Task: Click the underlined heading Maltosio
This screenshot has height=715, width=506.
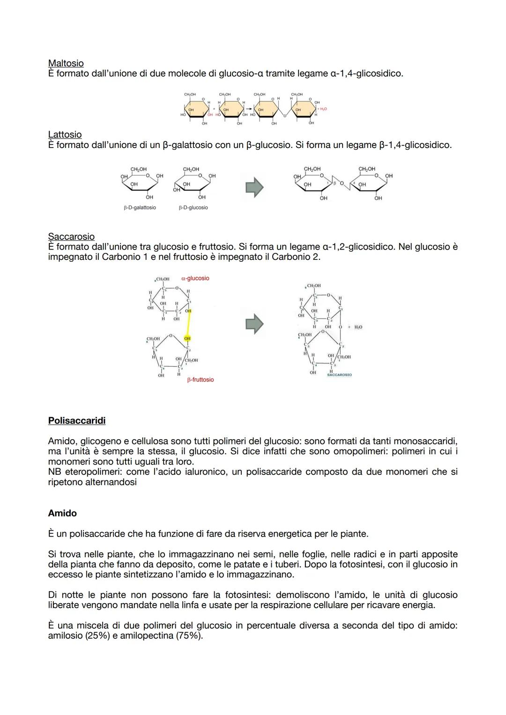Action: point(66,63)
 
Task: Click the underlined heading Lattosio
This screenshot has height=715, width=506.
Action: point(65,135)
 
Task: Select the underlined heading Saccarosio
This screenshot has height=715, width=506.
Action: point(71,236)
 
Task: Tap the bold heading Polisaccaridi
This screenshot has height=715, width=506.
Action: point(76,420)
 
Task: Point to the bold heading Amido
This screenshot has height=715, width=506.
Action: point(62,513)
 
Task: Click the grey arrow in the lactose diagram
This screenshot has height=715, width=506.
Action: point(254,187)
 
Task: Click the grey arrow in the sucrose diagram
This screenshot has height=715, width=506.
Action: point(254,324)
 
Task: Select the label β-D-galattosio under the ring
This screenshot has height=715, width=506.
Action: point(140,207)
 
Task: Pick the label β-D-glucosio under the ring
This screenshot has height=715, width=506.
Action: point(193,207)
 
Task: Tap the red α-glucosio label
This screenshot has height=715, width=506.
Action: point(195,278)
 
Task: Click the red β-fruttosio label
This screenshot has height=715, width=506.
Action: point(200,380)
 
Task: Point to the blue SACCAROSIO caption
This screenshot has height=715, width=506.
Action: point(339,375)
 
